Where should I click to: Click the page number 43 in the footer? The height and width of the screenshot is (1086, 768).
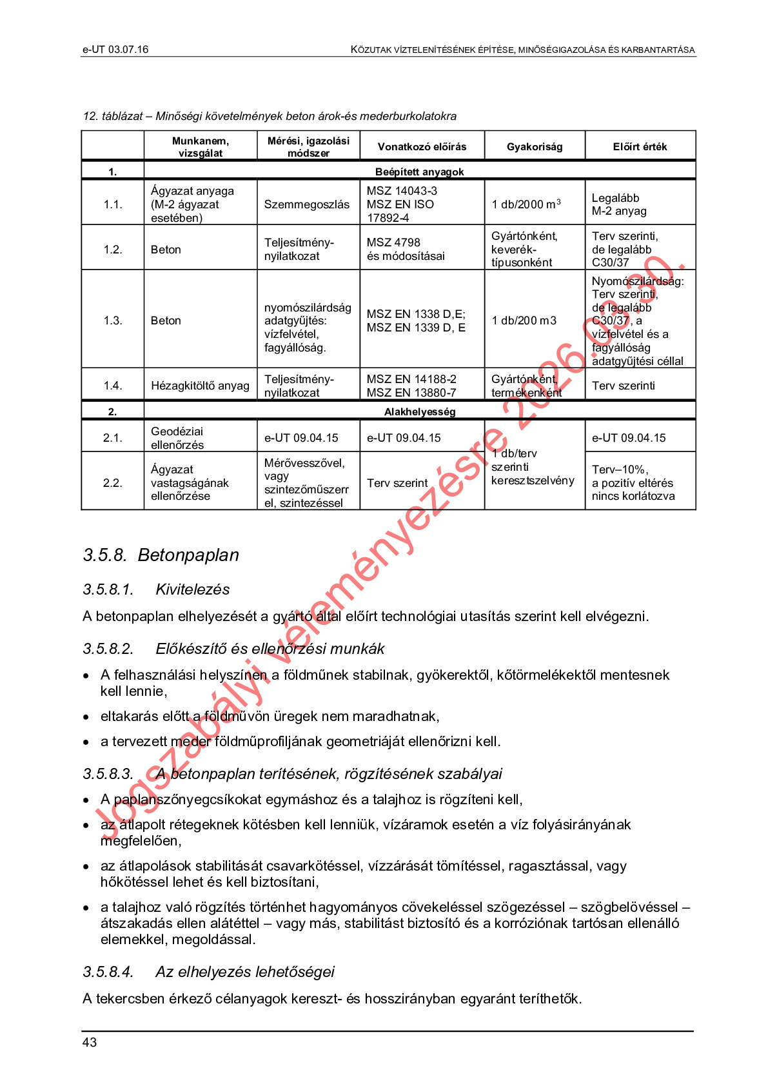[89, 1042]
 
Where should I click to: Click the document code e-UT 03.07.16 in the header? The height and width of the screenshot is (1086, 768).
[115, 50]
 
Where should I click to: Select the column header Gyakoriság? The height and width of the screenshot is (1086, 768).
[534, 146]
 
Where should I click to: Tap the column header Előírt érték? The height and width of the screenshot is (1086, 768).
[640, 146]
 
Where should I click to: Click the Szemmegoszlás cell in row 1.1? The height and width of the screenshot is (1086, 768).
[307, 204]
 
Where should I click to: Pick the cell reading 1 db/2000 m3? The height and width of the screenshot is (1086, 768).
[526, 204]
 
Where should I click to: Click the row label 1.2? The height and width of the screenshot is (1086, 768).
[113, 250]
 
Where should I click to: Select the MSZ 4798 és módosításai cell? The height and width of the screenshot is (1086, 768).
[406, 250]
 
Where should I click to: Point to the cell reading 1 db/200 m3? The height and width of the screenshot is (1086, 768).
[524, 321]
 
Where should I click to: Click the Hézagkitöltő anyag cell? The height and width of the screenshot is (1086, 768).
[200, 386]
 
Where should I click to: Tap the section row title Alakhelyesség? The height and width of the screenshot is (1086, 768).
[420, 411]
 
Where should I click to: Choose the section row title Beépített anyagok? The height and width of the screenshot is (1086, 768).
[419, 172]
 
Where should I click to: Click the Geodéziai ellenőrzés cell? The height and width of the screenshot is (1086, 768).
[177, 438]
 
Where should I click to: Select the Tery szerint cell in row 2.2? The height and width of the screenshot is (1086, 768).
[397, 483]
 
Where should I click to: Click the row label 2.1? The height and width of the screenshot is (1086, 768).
[113, 438]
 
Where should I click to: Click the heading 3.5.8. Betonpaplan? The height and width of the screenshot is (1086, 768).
[161, 555]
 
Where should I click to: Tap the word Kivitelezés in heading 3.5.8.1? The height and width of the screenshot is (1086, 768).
[193, 589]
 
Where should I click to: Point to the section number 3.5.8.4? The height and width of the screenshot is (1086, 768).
[108, 972]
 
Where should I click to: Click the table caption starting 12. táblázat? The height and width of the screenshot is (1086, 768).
[270, 116]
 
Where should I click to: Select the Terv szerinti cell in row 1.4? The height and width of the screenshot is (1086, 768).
[623, 386]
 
